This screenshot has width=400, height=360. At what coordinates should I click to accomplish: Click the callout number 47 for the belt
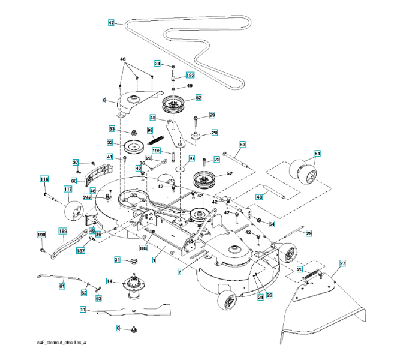[111, 23]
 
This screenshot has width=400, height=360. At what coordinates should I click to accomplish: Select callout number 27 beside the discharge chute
[343, 263]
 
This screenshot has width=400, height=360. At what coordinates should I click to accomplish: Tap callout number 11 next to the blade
[82, 310]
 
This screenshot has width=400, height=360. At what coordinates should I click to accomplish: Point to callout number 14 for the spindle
[110, 281]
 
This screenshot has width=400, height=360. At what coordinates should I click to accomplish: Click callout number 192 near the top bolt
[190, 76]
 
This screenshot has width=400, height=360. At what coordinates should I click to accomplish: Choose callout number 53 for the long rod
[243, 145]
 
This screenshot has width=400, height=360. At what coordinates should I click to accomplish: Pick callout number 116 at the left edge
[44, 179]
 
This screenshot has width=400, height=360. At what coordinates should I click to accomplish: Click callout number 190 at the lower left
[41, 235]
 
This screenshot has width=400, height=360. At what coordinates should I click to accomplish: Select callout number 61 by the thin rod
[62, 287]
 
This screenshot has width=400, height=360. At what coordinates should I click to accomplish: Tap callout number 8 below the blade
[119, 328]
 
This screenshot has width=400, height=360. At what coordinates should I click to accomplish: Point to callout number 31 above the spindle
[118, 259]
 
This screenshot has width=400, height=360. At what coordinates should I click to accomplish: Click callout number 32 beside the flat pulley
[110, 143]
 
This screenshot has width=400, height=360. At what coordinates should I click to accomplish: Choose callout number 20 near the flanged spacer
[214, 133]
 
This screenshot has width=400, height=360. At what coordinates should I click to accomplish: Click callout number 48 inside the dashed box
[260, 196]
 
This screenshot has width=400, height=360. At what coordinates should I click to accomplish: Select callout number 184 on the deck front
[143, 248]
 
